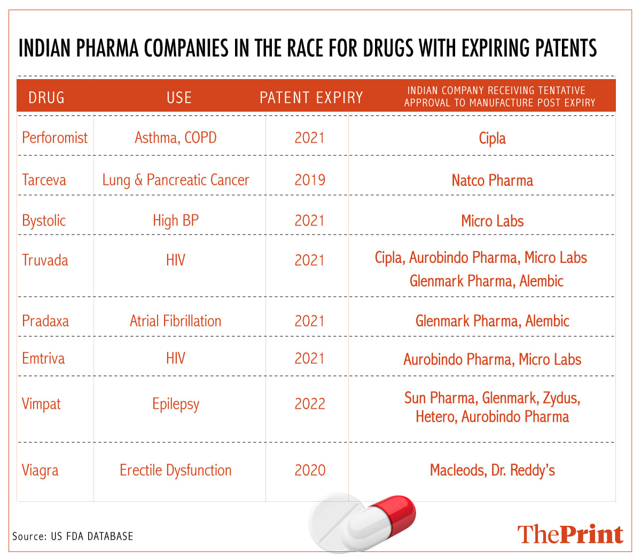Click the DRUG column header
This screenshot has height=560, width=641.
pyautogui.click(x=46, y=98)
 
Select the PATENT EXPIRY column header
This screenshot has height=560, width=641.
pyautogui.click(x=311, y=98)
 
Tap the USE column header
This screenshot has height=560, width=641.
pyautogui.click(x=179, y=98)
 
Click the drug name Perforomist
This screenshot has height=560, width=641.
pyautogui.click(x=54, y=138)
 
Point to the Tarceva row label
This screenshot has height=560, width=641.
pyautogui.click(x=44, y=180)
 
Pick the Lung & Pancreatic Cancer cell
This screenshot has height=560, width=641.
pyautogui.click(x=176, y=180)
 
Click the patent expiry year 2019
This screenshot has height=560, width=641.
pyautogui.click(x=310, y=180)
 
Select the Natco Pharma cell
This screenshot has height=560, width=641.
pyautogui.click(x=492, y=181)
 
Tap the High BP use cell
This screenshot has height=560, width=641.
pyautogui.click(x=176, y=221)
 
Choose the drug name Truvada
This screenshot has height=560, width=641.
pyautogui.click(x=45, y=261)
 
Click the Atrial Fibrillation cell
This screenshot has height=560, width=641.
pyautogui.click(x=176, y=321)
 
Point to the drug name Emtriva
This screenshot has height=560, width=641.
pyautogui.click(x=43, y=358)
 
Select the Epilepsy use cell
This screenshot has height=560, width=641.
pyautogui.click(x=176, y=405)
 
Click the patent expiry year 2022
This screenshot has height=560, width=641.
pyautogui.click(x=310, y=404)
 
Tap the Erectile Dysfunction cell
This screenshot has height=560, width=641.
pyautogui.click(x=176, y=470)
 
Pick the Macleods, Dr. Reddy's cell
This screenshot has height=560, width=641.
pyautogui.click(x=492, y=470)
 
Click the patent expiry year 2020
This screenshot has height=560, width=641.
pyautogui.click(x=310, y=470)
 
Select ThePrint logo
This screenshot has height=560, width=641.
pyautogui.click(x=570, y=534)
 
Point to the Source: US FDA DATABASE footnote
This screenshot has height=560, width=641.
pyautogui.click(x=73, y=536)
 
